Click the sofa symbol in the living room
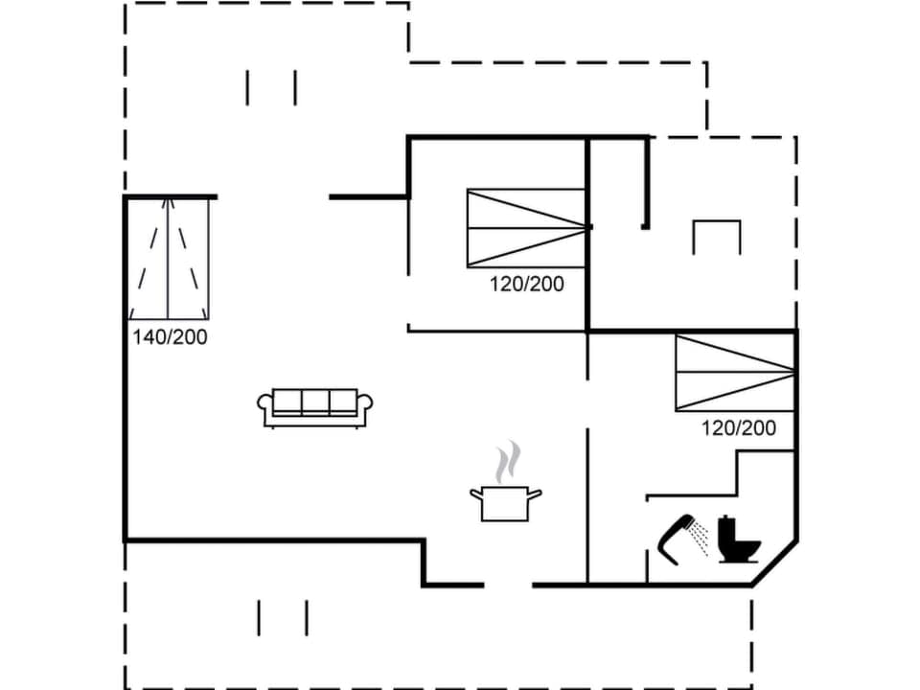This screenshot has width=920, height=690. coord(315,406)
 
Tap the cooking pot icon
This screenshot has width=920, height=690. coord(505,503)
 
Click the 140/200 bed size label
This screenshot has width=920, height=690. coord(171,336)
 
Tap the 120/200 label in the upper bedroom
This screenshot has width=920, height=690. coord(527,284)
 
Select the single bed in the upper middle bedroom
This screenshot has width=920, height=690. coord(526,228)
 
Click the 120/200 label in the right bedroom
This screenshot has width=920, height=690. coord(739,427)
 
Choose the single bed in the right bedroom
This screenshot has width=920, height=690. coord(735,372)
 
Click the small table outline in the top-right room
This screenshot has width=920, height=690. coord(717,235)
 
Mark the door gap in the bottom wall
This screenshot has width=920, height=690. coord(508,584)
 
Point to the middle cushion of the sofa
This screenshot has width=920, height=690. coord(315,402)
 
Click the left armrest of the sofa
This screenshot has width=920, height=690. coord(264,406)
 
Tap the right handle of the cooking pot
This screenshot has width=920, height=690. coord(535,494)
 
